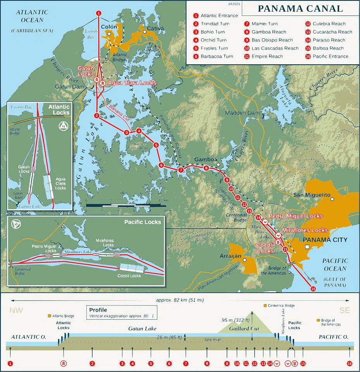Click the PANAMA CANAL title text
300,9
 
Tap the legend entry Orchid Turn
213,40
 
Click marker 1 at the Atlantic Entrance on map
99,13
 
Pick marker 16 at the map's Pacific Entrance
313,289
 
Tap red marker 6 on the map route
161,165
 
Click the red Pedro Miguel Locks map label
296,216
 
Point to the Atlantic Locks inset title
59,110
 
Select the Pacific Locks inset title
143,222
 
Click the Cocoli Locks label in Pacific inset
129,276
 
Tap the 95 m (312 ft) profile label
235,320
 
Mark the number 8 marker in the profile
207,363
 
